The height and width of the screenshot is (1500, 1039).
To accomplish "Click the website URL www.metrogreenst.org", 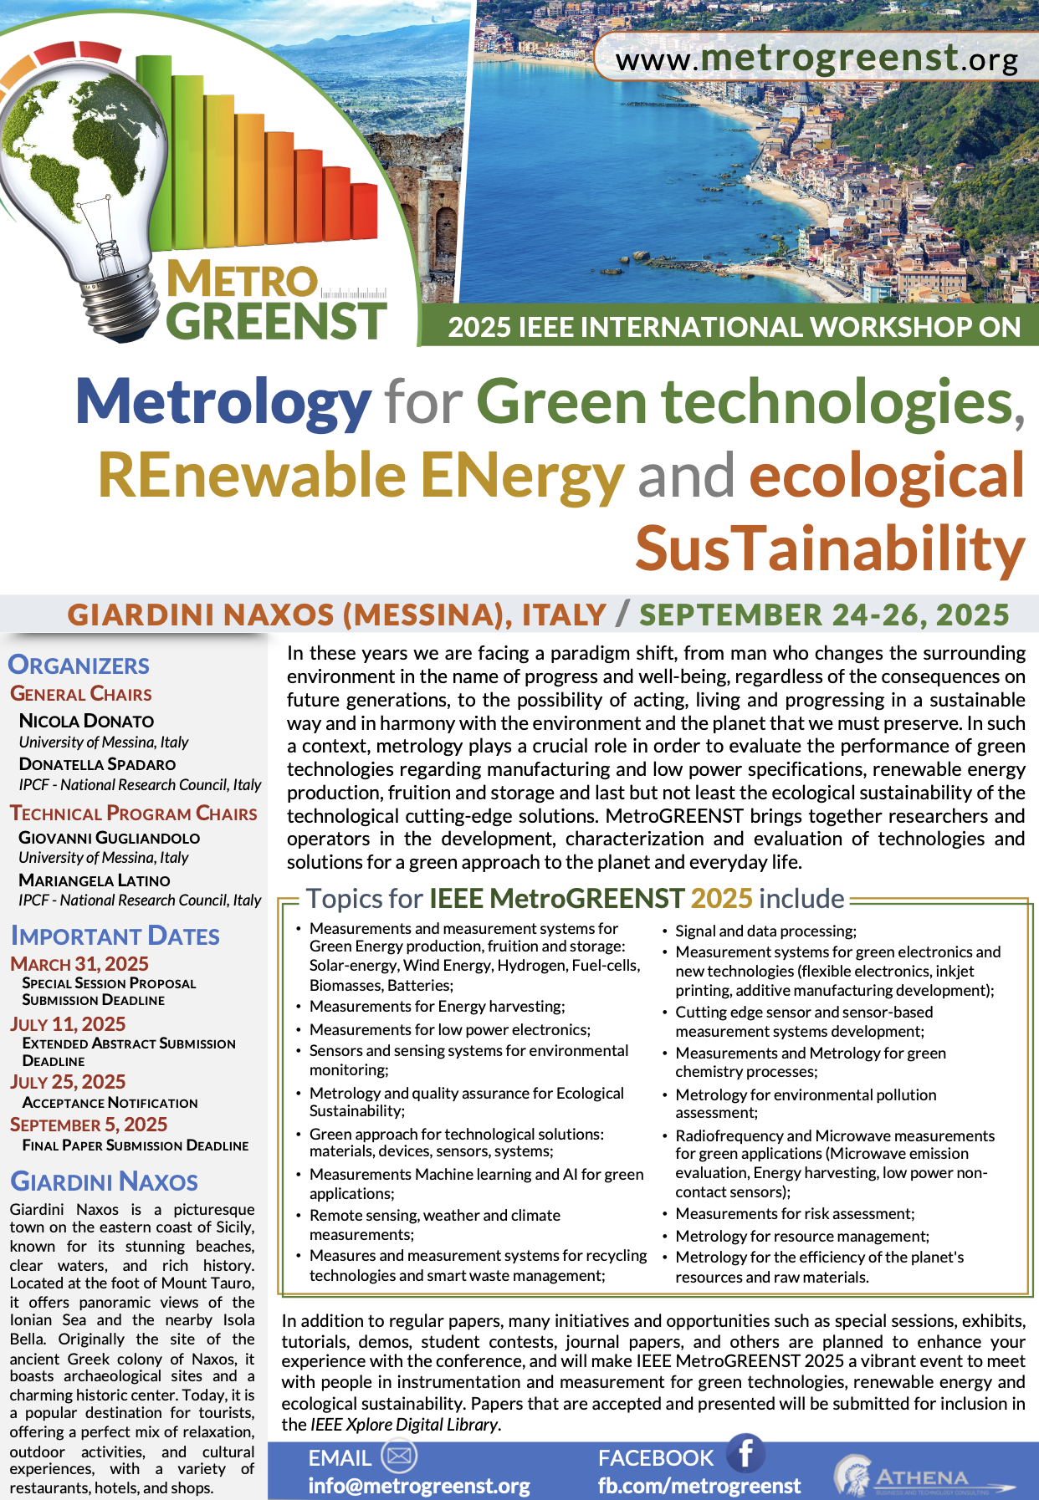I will tap(816, 59).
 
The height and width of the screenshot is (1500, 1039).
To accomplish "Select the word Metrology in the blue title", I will tap(223, 402).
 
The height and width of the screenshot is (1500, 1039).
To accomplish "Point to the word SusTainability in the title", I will tap(830, 549).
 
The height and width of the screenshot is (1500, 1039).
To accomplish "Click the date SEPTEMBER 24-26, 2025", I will tap(824, 615).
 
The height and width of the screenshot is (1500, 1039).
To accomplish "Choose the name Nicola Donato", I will tap(86, 721).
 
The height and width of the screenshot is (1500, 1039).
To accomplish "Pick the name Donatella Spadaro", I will tap(97, 764).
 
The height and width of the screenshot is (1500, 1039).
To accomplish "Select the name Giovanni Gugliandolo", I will tap(109, 837).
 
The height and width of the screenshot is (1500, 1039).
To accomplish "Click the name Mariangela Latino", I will tap(94, 880).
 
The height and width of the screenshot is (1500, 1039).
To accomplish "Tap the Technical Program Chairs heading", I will tap(133, 814).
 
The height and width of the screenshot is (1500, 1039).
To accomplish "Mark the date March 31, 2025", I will tap(79, 964).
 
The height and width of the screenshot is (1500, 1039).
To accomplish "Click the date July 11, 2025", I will tap(68, 1024).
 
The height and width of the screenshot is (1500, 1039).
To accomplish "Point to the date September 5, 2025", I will tap(89, 1125).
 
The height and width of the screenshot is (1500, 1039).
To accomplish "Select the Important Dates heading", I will tap(115, 936).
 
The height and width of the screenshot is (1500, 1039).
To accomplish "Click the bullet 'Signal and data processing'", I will tap(765, 931).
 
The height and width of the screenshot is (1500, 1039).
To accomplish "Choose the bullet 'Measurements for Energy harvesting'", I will tap(437, 1006).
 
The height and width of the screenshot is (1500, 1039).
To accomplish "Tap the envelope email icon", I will tap(399, 1456).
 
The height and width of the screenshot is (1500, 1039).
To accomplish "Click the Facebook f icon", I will tap(745, 1453).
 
